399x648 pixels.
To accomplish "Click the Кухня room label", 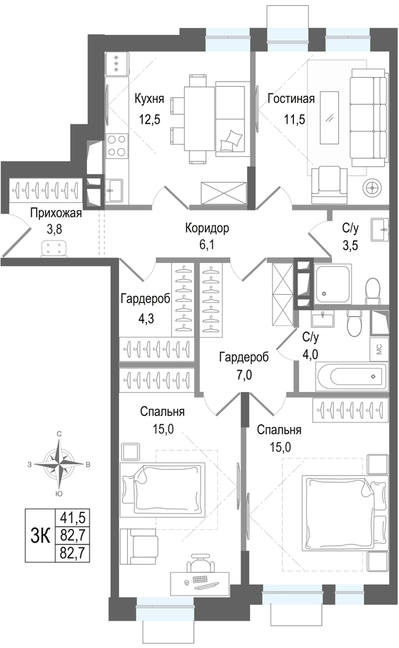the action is pos(149,99).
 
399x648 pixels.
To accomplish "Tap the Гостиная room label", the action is pos(291,99).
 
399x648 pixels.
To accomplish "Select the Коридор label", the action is pos(207,227).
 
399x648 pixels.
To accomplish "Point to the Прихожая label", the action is pos(56,214).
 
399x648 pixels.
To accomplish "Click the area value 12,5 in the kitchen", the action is pos(149,119).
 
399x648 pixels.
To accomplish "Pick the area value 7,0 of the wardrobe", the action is pos(243,375).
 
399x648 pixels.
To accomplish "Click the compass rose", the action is pos(60,464).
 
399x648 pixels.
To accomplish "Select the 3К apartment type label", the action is pos(40,536).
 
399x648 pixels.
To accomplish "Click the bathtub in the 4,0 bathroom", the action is pos(351,376).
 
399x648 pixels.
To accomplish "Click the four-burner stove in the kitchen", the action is pos(117,146).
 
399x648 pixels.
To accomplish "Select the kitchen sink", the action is pos(113,191).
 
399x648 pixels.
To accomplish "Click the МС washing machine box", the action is pos(379,349).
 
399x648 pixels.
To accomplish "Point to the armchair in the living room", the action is pos(330,185).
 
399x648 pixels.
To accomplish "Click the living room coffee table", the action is pos(330,118).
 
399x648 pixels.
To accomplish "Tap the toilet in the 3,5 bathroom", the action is pos(373,289).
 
